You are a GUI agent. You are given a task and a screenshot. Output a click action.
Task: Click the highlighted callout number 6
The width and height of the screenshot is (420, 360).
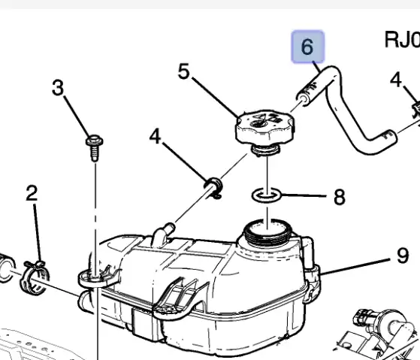tap(307, 47)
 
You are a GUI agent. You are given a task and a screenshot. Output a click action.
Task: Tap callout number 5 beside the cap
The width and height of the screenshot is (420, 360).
tap(184, 71)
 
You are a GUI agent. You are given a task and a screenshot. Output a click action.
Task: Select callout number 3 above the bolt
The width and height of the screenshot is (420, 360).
tap(58, 87)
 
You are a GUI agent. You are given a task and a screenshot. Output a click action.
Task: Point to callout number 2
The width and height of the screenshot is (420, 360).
tap(32, 193)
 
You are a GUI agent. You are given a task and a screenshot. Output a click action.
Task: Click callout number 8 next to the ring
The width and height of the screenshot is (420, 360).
tap(340, 197)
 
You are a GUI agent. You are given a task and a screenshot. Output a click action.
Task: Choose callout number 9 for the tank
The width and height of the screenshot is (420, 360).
tap(403, 256)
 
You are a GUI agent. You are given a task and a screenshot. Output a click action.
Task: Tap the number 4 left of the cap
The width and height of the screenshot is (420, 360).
tap(156, 136)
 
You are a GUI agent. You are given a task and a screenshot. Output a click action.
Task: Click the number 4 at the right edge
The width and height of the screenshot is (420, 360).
tap(396, 79)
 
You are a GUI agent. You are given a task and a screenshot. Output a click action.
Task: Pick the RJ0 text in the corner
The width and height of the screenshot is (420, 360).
tap(402, 40)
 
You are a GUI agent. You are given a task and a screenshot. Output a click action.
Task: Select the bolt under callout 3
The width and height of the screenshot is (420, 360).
tap(95, 148)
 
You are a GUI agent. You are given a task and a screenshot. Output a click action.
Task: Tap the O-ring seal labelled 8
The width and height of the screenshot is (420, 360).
tap(267, 195)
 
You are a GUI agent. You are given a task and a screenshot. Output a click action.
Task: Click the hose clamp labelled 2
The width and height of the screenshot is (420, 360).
tap(35, 278)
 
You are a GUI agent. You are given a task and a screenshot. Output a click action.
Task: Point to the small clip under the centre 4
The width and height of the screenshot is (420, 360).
tap(213, 187)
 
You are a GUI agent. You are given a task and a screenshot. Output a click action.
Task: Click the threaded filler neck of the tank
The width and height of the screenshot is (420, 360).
tap(268, 232)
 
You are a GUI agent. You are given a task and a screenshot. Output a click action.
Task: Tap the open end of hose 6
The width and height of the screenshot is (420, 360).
tap(304, 98)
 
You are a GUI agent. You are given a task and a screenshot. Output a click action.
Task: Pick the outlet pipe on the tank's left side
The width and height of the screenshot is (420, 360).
tap(86, 302)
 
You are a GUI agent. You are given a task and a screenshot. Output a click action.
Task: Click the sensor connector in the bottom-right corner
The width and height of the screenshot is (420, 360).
tap(380, 334)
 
